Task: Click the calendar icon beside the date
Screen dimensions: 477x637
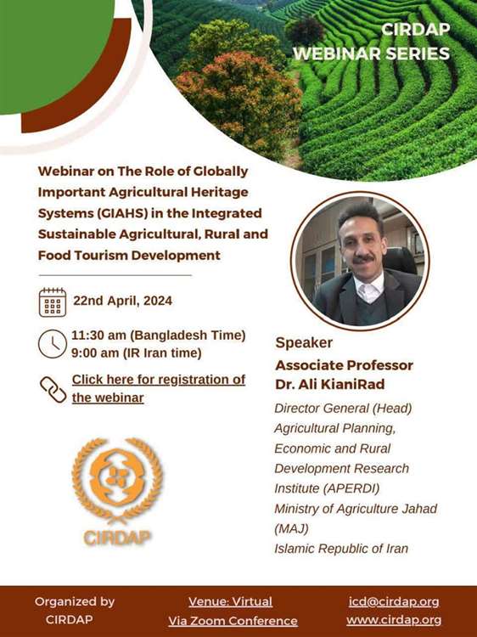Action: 53,302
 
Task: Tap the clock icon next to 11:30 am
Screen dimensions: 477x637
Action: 52,344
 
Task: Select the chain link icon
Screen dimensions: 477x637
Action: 53,389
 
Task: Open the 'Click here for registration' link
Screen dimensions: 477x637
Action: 159,388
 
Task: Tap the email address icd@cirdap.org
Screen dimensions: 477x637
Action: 394,601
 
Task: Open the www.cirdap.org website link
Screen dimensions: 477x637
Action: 394,620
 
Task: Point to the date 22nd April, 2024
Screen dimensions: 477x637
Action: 122,301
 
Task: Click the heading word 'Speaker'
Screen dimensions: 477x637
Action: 304,342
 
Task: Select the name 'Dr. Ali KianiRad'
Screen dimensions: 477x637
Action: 329,384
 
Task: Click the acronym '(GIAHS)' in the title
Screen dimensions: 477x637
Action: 121,213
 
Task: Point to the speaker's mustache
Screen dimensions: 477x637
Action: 362,258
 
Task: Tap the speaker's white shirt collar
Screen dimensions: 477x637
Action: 369,287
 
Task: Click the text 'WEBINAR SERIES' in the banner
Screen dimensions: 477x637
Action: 372,54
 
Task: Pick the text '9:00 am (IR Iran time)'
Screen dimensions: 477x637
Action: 137,352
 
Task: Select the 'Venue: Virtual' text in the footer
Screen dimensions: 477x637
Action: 231,601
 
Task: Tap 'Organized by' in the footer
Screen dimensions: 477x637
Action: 75,601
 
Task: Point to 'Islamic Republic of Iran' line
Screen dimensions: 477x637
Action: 341,549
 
